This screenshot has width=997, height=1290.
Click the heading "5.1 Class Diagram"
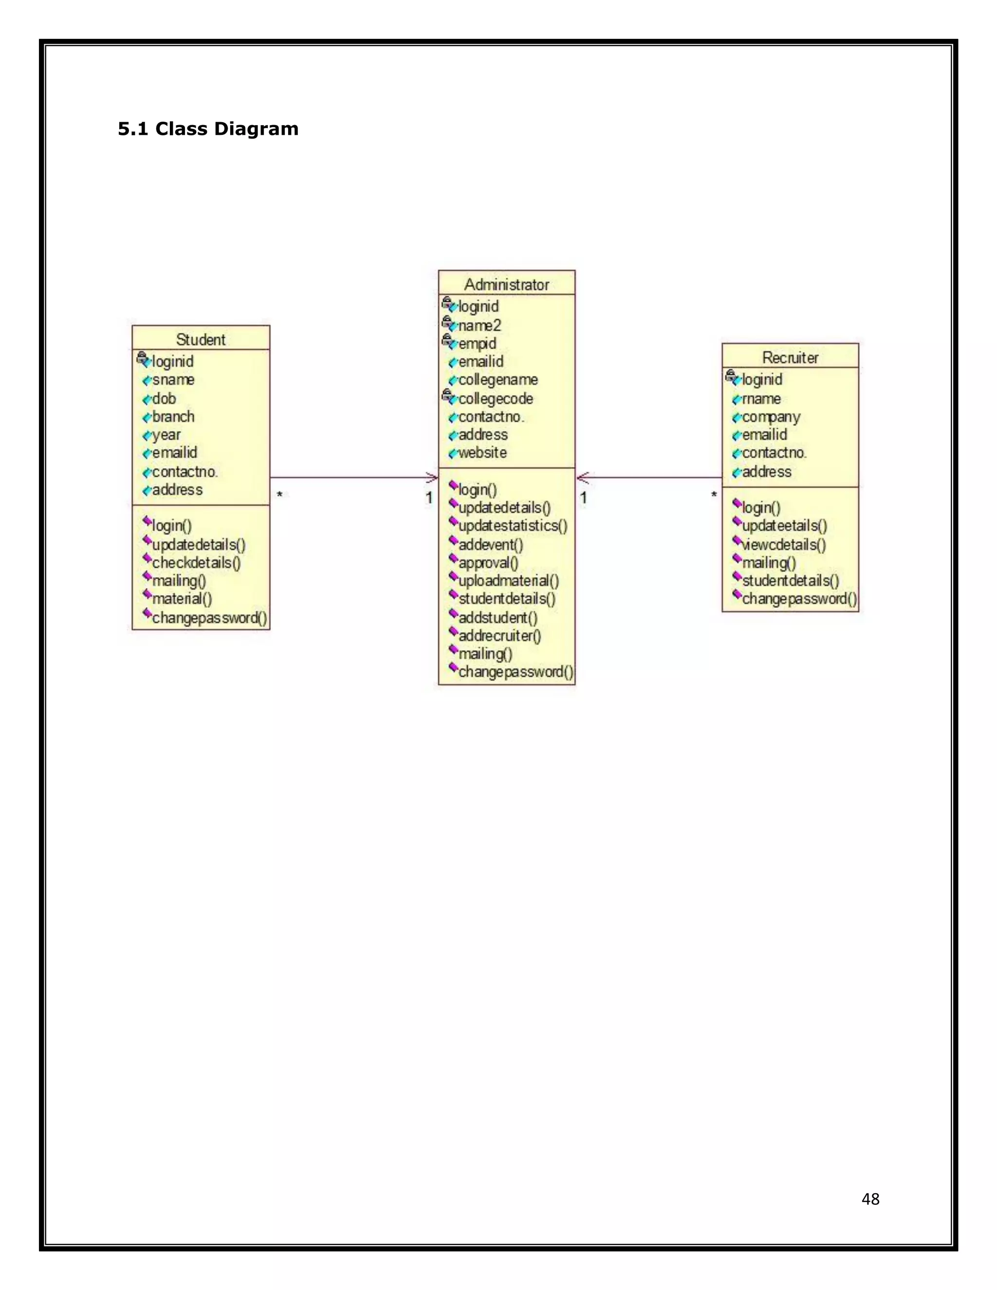click(208, 129)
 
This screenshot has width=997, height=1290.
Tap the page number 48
click(870, 1199)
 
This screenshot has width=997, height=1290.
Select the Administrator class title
click(506, 285)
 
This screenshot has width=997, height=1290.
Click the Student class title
click(201, 340)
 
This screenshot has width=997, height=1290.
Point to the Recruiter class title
click(790, 358)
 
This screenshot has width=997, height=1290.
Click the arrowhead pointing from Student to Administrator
click(433, 478)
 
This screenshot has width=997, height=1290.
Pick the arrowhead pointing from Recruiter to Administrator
click(582, 478)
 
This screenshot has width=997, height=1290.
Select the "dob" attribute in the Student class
click(164, 399)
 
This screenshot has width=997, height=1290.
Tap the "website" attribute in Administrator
click(482, 453)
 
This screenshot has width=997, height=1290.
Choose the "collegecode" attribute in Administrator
click(496, 399)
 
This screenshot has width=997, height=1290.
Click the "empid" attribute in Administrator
click(477, 344)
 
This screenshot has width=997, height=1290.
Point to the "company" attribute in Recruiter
click(771, 417)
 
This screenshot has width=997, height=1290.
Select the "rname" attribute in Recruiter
click(761, 399)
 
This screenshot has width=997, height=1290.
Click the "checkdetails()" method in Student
click(196, 563)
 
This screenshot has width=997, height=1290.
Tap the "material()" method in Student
click(182, 599)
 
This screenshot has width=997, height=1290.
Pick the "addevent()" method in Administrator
click(491, 545)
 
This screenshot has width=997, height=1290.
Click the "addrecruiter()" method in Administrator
click(499, 636)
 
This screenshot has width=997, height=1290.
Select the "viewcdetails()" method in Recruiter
click(784, 545)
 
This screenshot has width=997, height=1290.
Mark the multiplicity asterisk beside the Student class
click(279, 495)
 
